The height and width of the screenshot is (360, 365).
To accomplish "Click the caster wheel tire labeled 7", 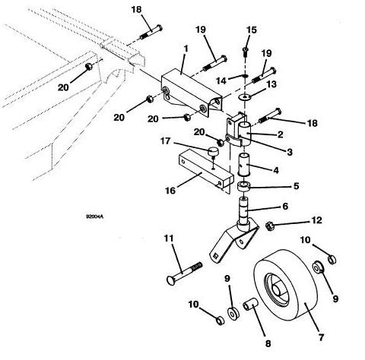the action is click(286, 286).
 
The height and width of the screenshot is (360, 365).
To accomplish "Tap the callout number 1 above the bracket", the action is click(186, 49).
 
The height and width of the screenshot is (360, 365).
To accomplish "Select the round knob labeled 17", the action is click(213, 151).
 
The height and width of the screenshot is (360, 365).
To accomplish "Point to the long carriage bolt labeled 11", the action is click(185, 273).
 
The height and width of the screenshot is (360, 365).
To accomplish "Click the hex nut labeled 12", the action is click(270, 226).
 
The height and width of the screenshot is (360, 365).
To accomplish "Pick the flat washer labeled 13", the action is click(245, 96).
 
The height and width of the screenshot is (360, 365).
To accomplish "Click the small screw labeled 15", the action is click(246, 52).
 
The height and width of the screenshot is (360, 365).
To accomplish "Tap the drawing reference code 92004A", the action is click(95, 216).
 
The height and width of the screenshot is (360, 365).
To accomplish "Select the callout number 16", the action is click(170, 190).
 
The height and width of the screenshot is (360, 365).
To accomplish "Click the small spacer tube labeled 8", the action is click(250, 305).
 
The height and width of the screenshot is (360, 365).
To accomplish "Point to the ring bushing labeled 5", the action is click(243, 187).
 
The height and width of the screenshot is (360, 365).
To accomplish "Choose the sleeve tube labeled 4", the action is click(243, 164).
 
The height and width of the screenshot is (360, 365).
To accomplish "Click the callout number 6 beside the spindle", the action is click(285, 207).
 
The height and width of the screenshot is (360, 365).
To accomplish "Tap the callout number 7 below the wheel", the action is click(321, 337).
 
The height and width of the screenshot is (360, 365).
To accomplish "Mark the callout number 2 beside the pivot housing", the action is click(280, 134).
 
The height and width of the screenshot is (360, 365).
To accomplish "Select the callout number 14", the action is click(221, 81).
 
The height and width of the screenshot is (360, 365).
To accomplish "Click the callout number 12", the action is click(316, 220).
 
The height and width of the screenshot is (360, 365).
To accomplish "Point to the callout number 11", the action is click(169, 238).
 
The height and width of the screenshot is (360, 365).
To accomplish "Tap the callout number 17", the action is click(165, 141).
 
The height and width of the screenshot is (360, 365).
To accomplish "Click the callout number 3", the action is click(289, 152).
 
